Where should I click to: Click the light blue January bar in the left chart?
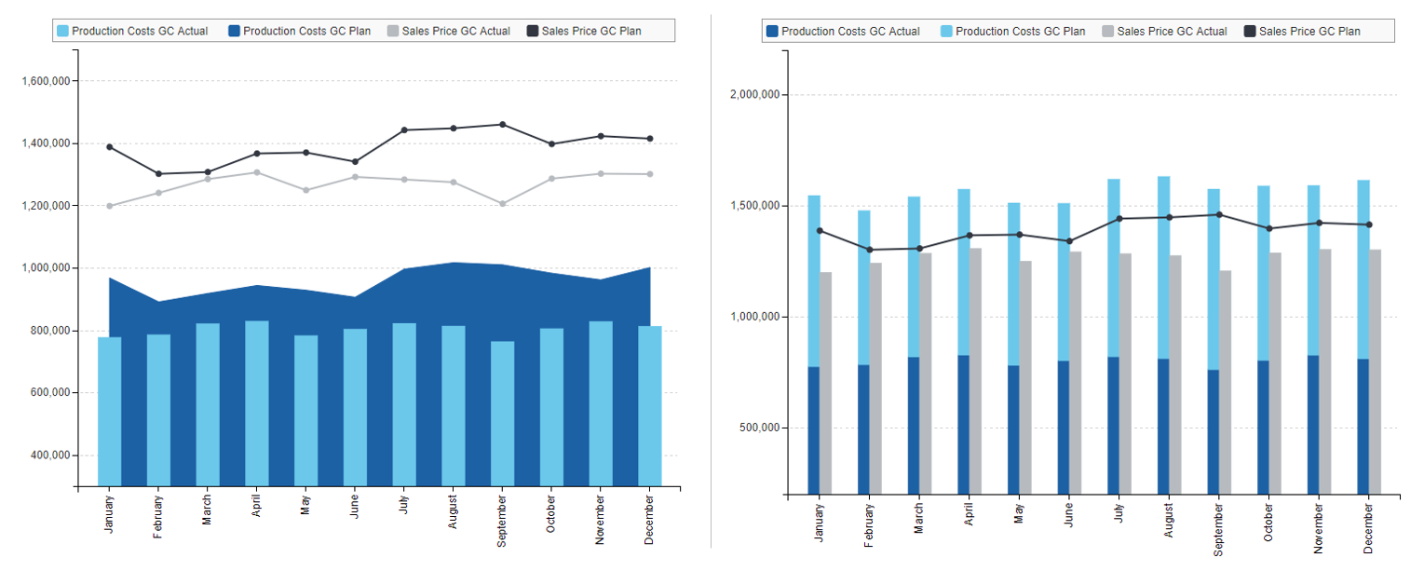(x=109, y=410)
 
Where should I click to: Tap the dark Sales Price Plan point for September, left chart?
(x=503, y=124)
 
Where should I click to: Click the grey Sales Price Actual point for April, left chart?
(x=257, y=172)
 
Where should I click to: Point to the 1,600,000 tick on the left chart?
(x=47, y=81)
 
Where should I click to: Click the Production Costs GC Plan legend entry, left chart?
(x=299, y=31)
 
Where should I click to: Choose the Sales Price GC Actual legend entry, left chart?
(x=448, y=31)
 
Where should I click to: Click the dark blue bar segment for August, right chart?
(x=1163, y=426)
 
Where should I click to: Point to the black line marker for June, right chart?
(x=1069, y=241)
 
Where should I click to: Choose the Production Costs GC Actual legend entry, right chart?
(x=842, y=31)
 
